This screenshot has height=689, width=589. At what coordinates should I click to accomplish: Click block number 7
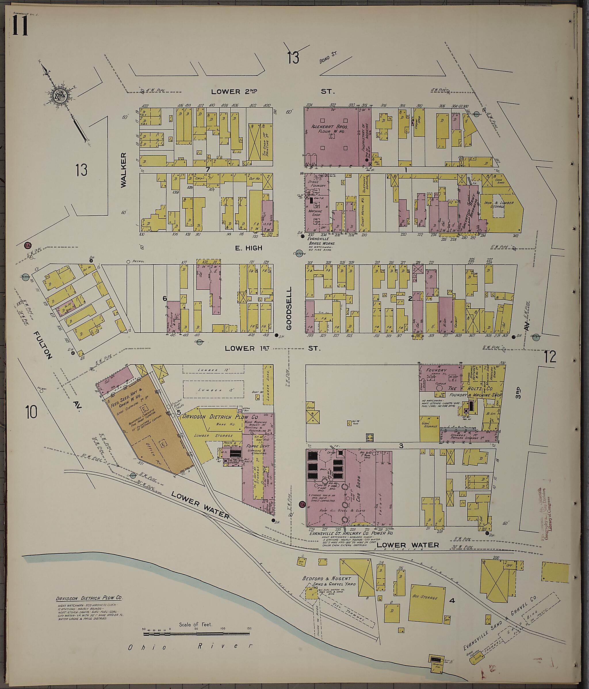click(x=208, y=169)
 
